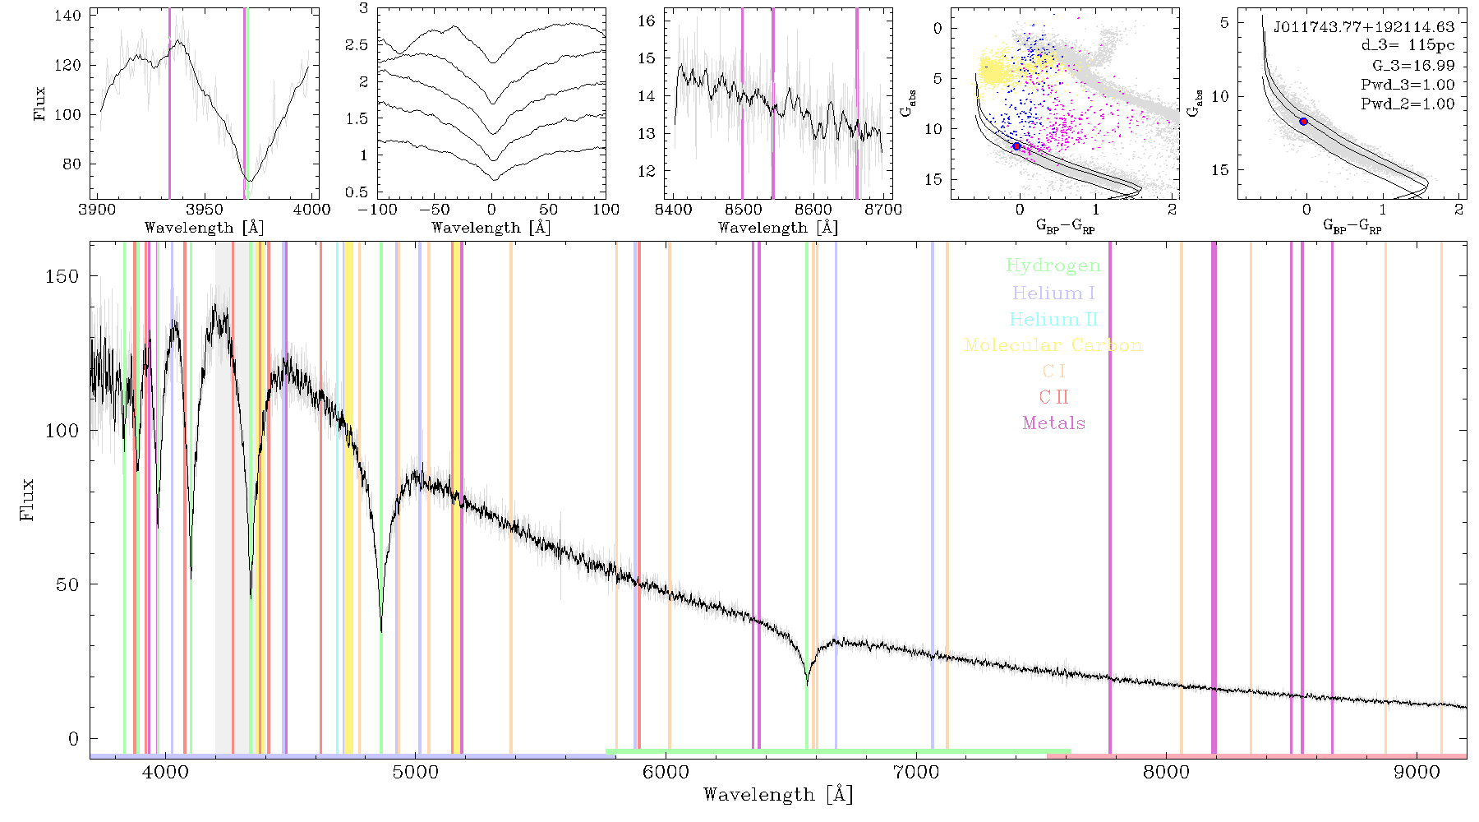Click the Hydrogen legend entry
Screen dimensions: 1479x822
click(1053, 266)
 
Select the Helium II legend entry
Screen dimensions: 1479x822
click(1053, 319)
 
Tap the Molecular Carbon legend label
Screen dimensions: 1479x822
click(1053, 345)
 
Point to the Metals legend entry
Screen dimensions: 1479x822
click(1053, 423)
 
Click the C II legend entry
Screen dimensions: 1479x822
click(1053, 397)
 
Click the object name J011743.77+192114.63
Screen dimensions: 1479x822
click(1364, 27)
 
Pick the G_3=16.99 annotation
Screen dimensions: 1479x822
click(1413, 66)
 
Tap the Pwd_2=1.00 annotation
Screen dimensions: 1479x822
click(1408, 104)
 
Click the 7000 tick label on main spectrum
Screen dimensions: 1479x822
click(916, 772)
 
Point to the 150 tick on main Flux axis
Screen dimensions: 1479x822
click(62, 276)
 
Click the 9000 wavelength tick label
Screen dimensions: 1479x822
click(1417, 772)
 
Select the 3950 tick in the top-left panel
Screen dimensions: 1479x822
click(205, 209)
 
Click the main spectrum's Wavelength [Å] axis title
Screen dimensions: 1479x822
click(778, 795)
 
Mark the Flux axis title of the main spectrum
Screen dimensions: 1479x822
click(28, 499)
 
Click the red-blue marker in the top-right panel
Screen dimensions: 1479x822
click(1303, 122)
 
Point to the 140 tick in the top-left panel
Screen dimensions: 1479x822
click(68, 16)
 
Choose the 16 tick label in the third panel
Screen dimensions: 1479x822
click(647, 21)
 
